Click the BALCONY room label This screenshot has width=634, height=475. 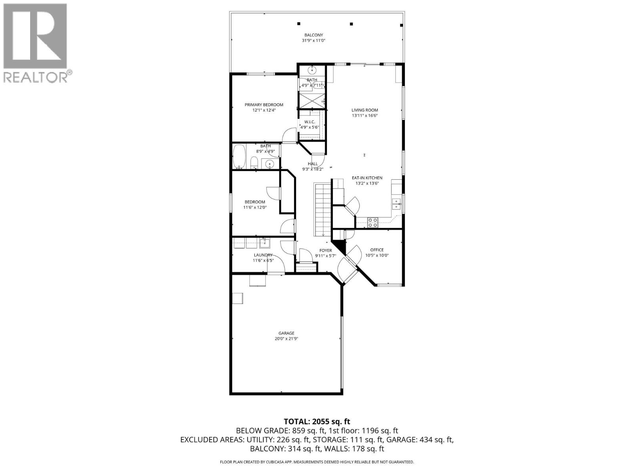point(313,35)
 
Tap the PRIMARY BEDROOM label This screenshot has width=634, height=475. point(264,105)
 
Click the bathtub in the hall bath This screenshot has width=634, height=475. point(239,157)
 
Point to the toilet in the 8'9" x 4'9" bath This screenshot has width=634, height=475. point(254,163)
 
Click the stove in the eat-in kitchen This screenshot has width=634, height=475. point(372,222)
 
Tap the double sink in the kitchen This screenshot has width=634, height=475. point(396,204)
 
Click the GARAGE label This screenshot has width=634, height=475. point(286,333)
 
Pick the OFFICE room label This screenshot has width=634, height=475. point(377,250)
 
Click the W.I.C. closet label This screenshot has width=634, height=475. point(309,122)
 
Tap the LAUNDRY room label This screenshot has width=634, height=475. point(263,255)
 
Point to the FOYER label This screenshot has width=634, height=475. point(326,250)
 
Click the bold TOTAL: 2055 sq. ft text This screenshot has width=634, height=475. point(317,422)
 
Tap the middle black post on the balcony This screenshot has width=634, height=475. point(351,24)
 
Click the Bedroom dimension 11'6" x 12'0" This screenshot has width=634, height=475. point(254,207)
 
